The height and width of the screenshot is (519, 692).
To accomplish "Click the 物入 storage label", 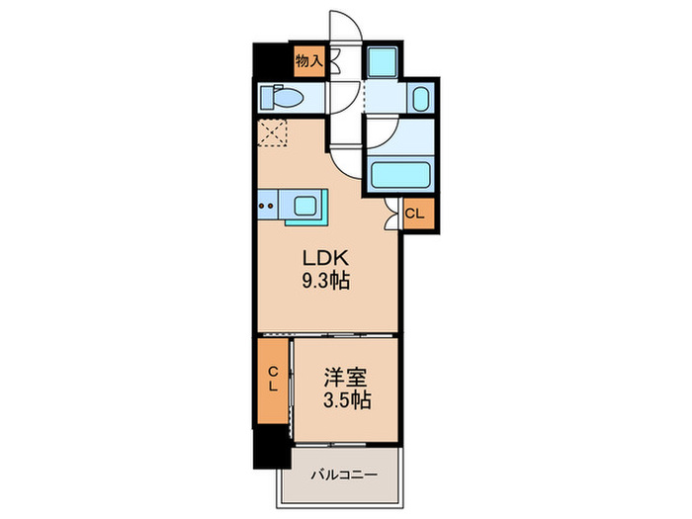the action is [308, 61].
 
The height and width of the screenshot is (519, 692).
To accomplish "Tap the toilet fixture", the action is [281, 97].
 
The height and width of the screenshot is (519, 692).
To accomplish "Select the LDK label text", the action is [325, 257].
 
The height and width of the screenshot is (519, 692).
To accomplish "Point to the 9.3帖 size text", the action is [325, 280].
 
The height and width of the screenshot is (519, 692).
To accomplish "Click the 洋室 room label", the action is [346, 378].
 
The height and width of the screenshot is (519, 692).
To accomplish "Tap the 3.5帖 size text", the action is [347, 399].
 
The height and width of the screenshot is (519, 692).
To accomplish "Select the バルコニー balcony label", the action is [344, 475].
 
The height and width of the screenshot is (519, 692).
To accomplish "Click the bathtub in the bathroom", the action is [400, 175].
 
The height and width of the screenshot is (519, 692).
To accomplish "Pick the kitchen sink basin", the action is [304, 206].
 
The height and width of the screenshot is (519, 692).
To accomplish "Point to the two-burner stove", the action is [266, 206].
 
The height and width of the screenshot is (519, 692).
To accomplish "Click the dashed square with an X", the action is [272, 131].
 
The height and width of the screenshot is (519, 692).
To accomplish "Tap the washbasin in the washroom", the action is [420, 99].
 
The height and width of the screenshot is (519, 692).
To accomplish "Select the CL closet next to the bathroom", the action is [417, 215].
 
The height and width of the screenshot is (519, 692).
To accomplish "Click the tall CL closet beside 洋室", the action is [273, 381].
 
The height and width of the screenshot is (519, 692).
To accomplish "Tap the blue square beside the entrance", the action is [383, 61].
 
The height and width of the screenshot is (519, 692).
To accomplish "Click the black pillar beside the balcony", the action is [272, 447].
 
